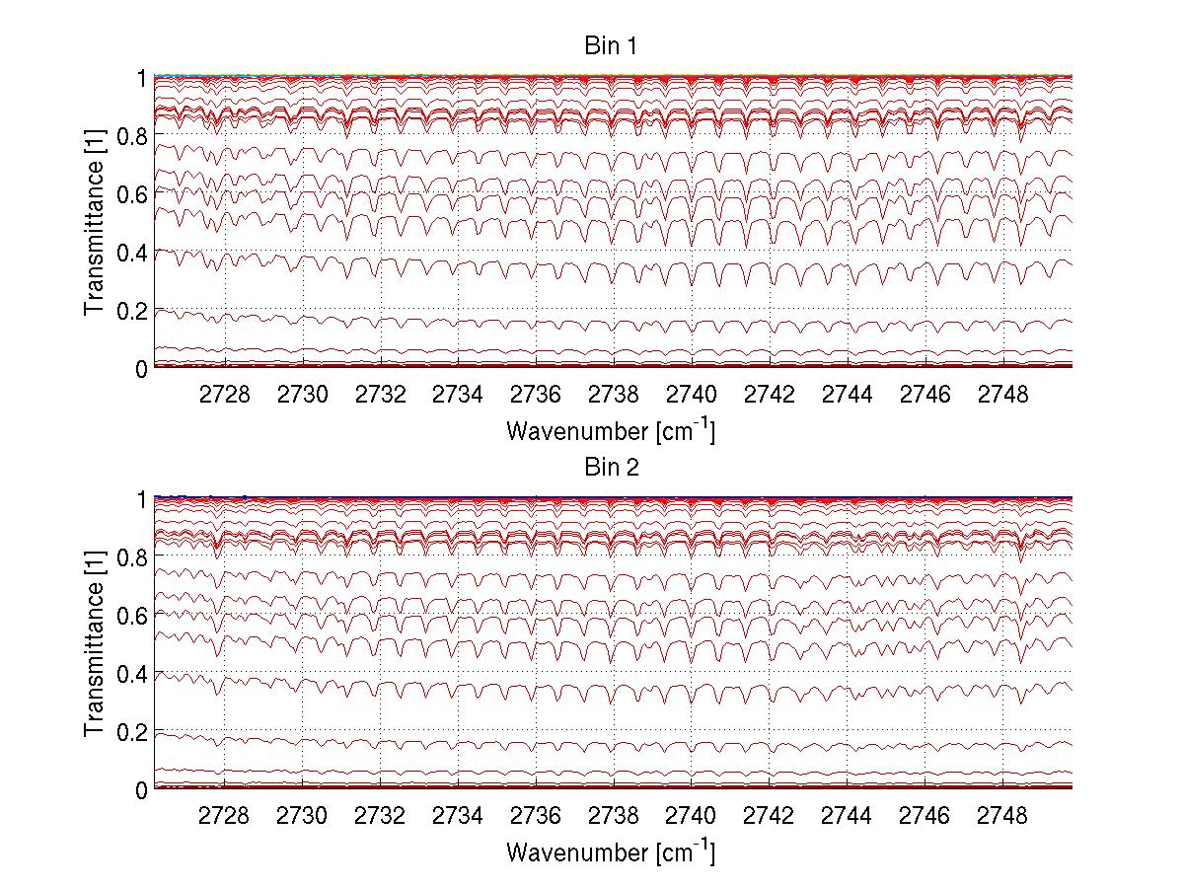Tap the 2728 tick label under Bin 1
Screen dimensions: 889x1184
pyautogui.click(x=225, y=395)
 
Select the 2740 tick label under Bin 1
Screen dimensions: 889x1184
pyautogui.click(x=692, y=395)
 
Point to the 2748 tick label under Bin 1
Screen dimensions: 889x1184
pyautogui.click(x=1002, y=395)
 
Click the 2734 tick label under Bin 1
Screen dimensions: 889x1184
pyautogui.click(x=458, y=395)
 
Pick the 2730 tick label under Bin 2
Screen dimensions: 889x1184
pyautogui.click(x=303, y=816)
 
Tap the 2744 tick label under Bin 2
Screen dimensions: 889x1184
pyautogui.click(x=847, y=816)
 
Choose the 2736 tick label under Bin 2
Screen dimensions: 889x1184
pyautogui.click(x=536, y=816)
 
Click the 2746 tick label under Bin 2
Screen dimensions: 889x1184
pyautogui.click(x=925, y=816)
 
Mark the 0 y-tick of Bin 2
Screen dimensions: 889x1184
pyautogui.click(x=141, y=790)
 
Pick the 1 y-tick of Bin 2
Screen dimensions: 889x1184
pyautogui.click(x=141, y=499)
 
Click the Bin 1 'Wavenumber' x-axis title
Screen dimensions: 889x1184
pyautogui.click(x=611, y=430)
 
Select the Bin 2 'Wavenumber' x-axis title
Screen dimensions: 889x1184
pyautogui.click(x=611, y=851)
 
